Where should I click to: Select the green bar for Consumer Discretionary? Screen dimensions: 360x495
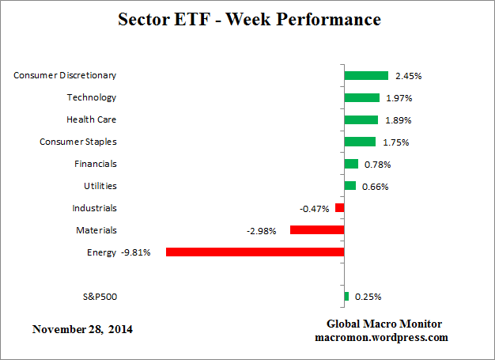pyautogui.click(x=366, y=76)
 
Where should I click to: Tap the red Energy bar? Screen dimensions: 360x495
pyautogui.click(x=255, y=252)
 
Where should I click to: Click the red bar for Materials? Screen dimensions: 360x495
pyautogui.click(x=317, y=230)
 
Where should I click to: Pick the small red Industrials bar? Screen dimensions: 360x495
pyautogui.click(x=340, y=208)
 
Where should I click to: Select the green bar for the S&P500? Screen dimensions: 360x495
pyautogui.click(x=346, y=297)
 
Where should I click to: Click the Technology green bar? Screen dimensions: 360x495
pyautogui.click(x=362, y=98)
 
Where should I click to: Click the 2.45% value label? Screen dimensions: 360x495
pyautogui.click(x=407, y=76)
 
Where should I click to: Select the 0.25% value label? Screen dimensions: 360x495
pyautogui.click(x=368, y=297)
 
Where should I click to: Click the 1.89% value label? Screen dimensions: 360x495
pyautogui.click(x=397, y=120)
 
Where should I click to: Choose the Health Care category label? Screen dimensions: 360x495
pyautogui.click(x=91, y=119)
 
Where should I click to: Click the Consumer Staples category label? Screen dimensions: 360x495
pyautogui.click(x=78, y=142)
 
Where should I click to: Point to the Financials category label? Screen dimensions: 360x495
pyautogui.click(x=95, y=164)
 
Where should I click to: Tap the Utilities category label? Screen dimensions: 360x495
pyautogui.click(x=100, y=186)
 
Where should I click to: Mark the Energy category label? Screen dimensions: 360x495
pyautogui.click(x=101, y=252)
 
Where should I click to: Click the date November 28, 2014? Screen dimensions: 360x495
pyautogui.click(x=82, y=328)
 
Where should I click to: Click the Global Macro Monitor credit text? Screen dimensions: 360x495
pyautogui.click(x=384, y=324)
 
